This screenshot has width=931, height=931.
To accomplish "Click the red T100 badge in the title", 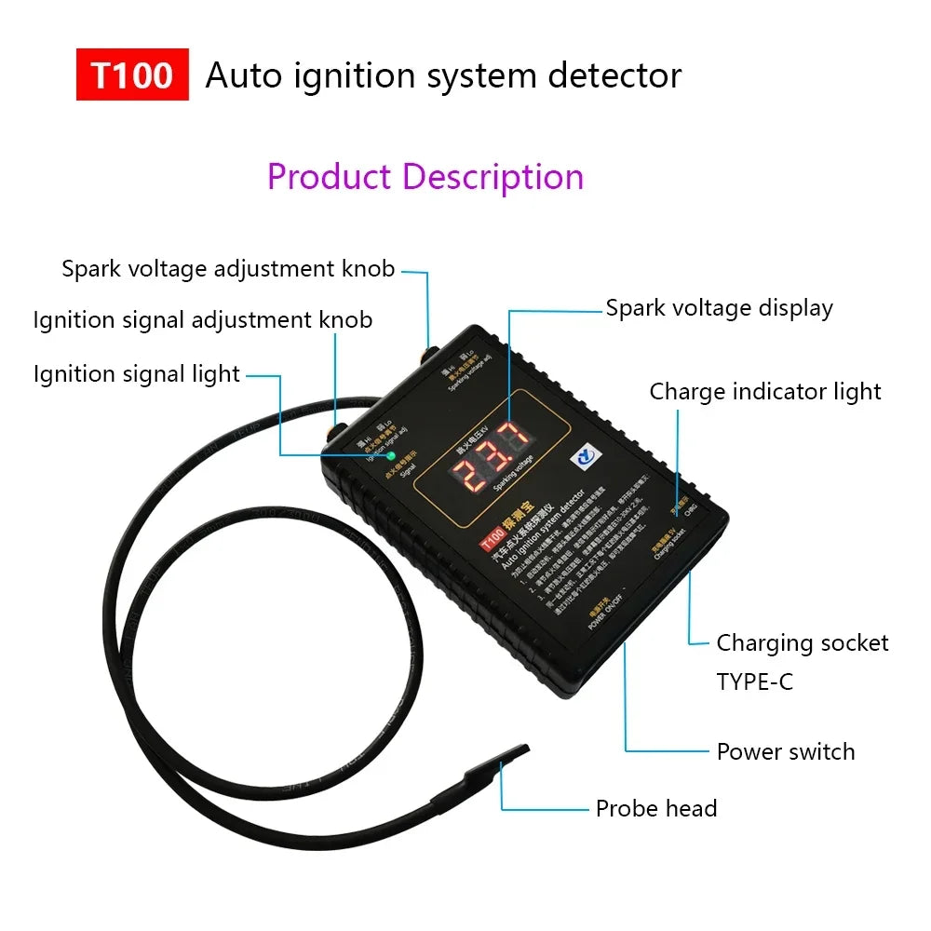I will pyautogui.click(x=132, y=74).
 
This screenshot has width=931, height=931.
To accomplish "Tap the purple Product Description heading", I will pyautogui.click(x=425, y=176).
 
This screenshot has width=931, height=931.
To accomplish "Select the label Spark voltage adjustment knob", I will pyautogui.click(x=228, y=269).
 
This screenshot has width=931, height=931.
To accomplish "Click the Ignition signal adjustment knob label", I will pyautogui.click(x=203, y=320).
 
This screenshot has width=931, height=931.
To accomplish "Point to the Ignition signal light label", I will pyautogui.click(x=137, y=374).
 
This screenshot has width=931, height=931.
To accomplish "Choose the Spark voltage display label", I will pyautogui.click(x=719, y=308).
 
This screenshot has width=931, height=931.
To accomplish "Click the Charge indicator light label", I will pyautogui.click(x=765, y=392).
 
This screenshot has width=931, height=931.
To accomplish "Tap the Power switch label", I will pyautogui.click(x=785, y=751).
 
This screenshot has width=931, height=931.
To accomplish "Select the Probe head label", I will pyautogui.click(x=656, y=808).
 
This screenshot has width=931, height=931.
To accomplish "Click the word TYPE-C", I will pyautogui.click(x=755, y=681).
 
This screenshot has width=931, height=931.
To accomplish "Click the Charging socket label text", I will pyautogui.click(x=802, y=642).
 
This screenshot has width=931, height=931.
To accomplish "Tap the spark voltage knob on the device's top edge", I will pyautogui.click(x=429, y=356).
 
